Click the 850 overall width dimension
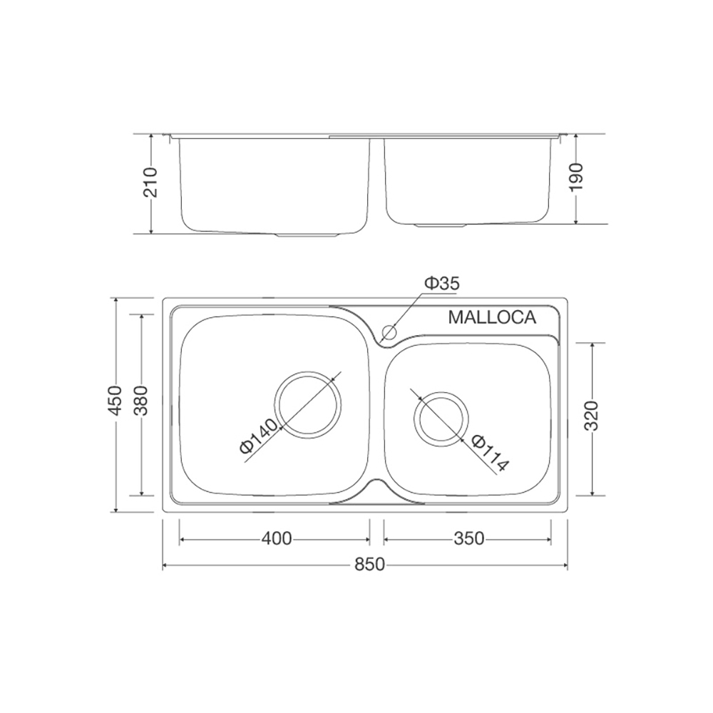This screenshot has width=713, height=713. [x=369, y=564]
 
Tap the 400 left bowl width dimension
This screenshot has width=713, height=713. [x=277, y=538]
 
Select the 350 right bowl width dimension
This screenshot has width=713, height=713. [x=469, y=538]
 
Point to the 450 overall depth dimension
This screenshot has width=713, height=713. [x=116, y=400]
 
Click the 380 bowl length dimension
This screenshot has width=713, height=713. [x=143, y=400]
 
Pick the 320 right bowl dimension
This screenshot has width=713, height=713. [x=592, y=416]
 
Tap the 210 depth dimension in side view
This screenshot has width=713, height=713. [x=150, y=183]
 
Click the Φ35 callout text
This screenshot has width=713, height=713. [x=442, y=283]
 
